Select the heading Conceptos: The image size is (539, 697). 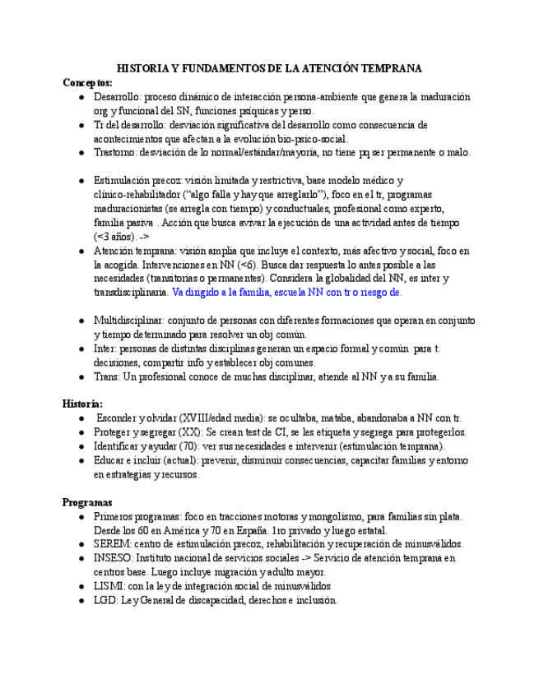(x=88, y=83)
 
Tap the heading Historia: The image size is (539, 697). (x=83, y=404)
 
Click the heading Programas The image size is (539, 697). (x=88, y=502)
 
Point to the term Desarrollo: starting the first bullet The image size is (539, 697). (x=118, y=97)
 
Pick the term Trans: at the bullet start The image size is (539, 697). (x=108, y=376)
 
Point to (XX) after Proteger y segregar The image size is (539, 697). (x=191, y=432)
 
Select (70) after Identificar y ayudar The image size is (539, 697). (x=200, y=445)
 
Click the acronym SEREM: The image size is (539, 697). (x=114, y=544)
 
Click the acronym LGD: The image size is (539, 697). (x=108, y=600)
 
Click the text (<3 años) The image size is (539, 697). (x=116, y=236)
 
